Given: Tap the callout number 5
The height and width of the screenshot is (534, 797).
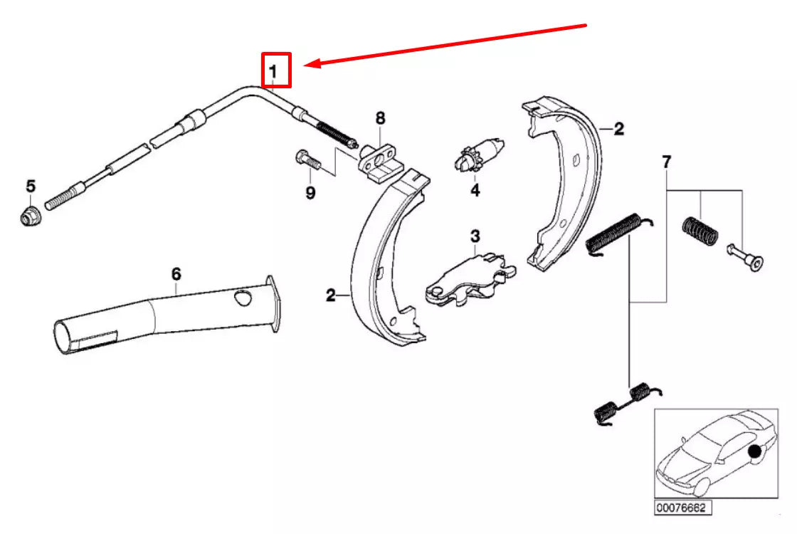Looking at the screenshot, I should [x=31, y=187].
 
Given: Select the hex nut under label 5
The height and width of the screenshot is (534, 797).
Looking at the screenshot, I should [x=30, y=215].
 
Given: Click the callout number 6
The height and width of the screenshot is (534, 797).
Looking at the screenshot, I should [x=176, y=273].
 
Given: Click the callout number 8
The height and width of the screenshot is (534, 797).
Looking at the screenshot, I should [x=381, y=118].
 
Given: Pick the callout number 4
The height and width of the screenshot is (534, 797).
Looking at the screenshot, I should [x=475, y=190].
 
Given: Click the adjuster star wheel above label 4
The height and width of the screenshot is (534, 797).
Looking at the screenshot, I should [x=466, y=158].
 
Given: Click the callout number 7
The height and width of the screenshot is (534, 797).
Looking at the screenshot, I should [x=666, y=162].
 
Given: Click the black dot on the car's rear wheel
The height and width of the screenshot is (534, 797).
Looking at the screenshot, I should [x=754, y=451].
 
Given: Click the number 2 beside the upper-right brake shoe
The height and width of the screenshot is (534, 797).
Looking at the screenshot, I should [x=618, y=129].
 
